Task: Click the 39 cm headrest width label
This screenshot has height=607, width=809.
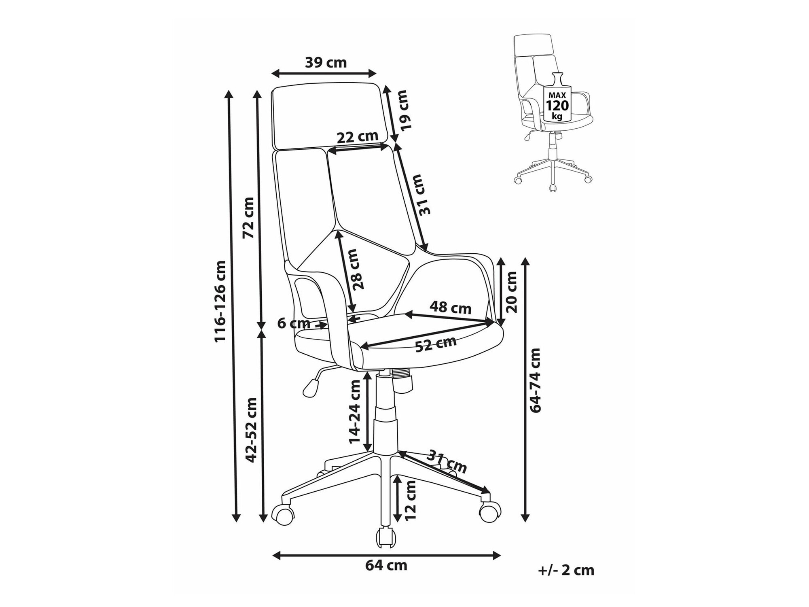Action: [326, 63]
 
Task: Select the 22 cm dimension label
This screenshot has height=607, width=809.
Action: [357, 137]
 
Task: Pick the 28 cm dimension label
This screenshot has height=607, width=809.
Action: [357, 269]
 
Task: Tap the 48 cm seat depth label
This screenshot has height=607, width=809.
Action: [450, 308]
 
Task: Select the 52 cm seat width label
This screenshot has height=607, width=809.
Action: [436, 344]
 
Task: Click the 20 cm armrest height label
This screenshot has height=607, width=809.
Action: [511, 292]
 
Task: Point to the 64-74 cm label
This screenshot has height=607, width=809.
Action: [535, 380]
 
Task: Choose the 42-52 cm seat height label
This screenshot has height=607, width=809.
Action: [252, 430]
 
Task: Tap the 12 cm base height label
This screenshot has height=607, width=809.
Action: [411, 500]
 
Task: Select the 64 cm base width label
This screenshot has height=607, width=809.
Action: [386, 565]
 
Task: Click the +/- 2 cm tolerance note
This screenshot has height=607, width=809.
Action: [566, 571]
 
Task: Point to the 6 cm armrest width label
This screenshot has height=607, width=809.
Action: [294, 323]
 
